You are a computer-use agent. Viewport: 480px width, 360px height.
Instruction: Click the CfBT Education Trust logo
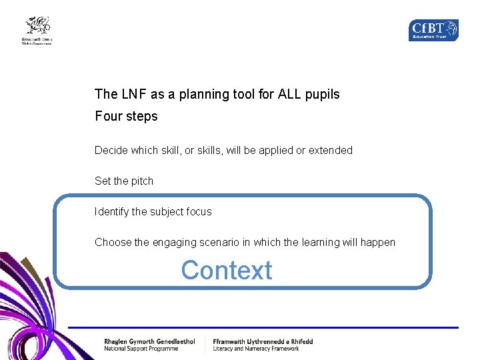(x=433, y=30)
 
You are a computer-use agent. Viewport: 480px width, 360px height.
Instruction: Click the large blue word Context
(x=227, y=271)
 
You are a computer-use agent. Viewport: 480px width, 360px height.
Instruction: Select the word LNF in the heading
(x=130, y=95)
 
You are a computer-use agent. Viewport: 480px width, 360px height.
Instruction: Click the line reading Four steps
(x=126, y=117)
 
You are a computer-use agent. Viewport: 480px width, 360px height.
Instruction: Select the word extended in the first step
(x=330, y=151)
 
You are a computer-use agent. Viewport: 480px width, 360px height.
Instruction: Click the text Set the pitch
(x=124, y=181)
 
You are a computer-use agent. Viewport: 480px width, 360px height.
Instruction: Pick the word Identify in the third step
(x=111, y=212)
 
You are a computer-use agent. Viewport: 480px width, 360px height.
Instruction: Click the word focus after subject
(x=199, y=212)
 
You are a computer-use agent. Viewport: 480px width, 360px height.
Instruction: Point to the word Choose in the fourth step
(x=113, y=243)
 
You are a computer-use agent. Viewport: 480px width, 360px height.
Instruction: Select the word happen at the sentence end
(x=378, y=243)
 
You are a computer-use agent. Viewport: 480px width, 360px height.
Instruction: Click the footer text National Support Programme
(x=141, y=349)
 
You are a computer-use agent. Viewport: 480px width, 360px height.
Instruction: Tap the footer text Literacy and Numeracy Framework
(x=256, y=349)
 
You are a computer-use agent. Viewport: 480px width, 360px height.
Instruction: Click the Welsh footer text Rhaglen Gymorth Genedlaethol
(x=149, y=341)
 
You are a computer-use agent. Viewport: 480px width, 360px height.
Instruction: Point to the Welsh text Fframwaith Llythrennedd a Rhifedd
(x=263, y=341)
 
